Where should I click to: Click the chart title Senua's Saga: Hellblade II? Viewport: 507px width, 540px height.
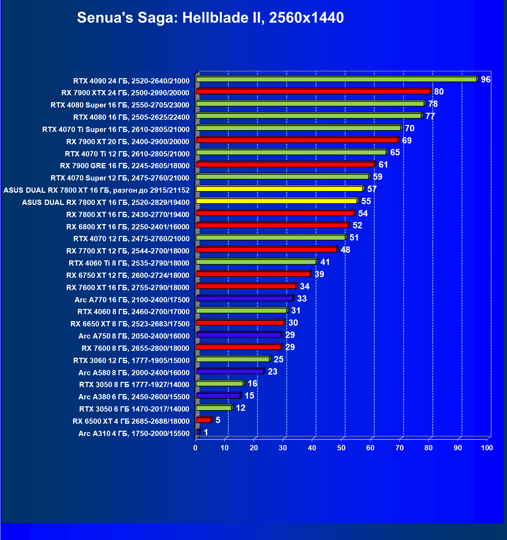[210, 17]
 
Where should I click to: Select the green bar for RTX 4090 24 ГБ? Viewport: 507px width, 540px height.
[336, 79]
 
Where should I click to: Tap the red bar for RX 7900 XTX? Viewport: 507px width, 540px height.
[313, 91]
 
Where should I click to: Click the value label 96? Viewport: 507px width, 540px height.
[485, 80]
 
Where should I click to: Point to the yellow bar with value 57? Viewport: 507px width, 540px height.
[279, 189]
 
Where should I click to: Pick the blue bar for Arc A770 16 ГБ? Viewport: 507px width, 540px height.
[244, 298]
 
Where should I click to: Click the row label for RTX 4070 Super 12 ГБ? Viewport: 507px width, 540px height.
[120, 178]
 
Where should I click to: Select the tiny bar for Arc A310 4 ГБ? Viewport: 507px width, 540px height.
[198, 432]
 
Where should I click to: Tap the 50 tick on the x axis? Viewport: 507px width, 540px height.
[341, 448]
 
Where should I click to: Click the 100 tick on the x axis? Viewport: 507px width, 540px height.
[487, 448]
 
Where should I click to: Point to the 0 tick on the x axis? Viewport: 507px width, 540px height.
[195, 448]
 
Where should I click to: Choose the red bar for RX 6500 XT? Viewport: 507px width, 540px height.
[204, 420]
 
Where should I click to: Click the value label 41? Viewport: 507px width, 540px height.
[325, 262]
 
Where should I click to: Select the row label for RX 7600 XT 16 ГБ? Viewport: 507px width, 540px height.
[128, 288]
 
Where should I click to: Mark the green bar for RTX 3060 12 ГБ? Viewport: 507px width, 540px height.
[233, 359]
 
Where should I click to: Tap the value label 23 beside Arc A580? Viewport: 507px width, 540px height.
[272, 372]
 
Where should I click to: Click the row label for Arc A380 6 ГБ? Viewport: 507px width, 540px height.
[134, 397]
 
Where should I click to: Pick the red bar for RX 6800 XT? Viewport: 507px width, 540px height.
[272, 225]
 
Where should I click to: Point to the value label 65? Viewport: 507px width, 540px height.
[395, 153]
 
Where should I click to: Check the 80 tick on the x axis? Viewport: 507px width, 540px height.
[429, 448]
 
